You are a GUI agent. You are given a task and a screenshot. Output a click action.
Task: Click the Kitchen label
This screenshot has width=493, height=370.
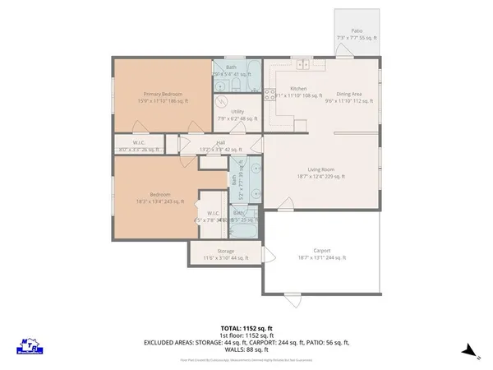(x=298, y=88)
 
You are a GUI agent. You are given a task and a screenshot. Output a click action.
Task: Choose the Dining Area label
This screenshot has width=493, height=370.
(x=349, y=94)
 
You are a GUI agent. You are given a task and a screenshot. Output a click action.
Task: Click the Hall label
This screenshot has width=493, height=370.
(x=221, y=143)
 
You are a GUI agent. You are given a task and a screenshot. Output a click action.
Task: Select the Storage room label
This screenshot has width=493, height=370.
(x=226, y=252)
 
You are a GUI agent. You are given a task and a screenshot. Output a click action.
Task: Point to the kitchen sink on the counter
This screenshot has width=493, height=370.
(x=302, y=64)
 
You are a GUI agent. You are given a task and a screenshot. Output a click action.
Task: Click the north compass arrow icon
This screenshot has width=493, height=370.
(x=468, y=349)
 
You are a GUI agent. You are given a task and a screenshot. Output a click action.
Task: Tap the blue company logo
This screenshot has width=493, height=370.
(x=30, y=347)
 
